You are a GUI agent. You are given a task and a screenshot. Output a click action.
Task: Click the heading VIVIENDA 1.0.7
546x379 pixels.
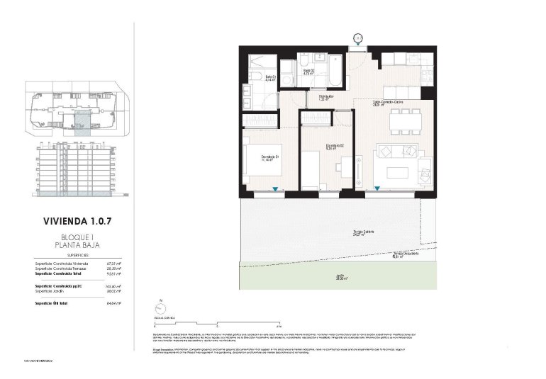(77, 221)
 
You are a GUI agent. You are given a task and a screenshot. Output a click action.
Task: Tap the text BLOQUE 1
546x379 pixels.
(77, 237)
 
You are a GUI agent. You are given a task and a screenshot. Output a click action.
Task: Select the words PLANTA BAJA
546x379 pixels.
(77, 245)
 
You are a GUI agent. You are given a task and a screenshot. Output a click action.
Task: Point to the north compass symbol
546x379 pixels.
(161, 308)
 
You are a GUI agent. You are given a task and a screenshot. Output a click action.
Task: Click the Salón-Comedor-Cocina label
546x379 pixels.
(389, 103)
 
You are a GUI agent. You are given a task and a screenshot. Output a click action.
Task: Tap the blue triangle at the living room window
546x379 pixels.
(377, 188)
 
